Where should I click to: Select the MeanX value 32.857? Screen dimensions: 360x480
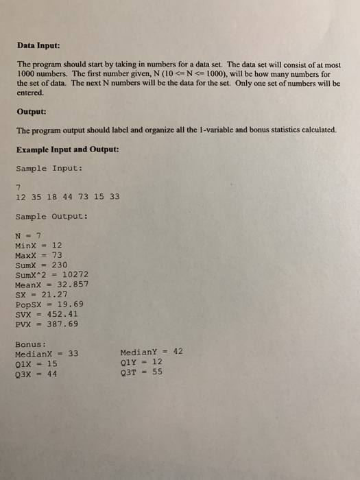[x=73, y=283]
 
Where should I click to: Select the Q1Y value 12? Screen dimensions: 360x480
[x=158, y=363]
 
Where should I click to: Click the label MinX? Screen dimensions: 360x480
[x=25, y=245]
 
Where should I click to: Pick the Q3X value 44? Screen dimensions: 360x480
[x=52, y=374]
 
